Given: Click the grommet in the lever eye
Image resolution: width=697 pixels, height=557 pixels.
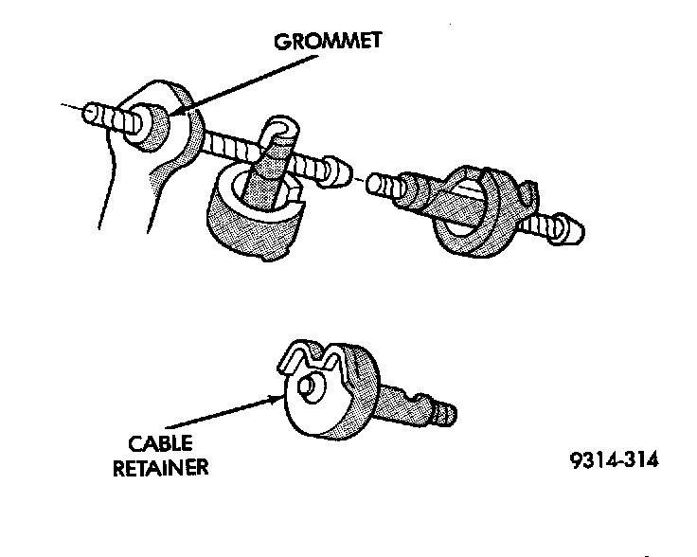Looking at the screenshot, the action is coord(152,122).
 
